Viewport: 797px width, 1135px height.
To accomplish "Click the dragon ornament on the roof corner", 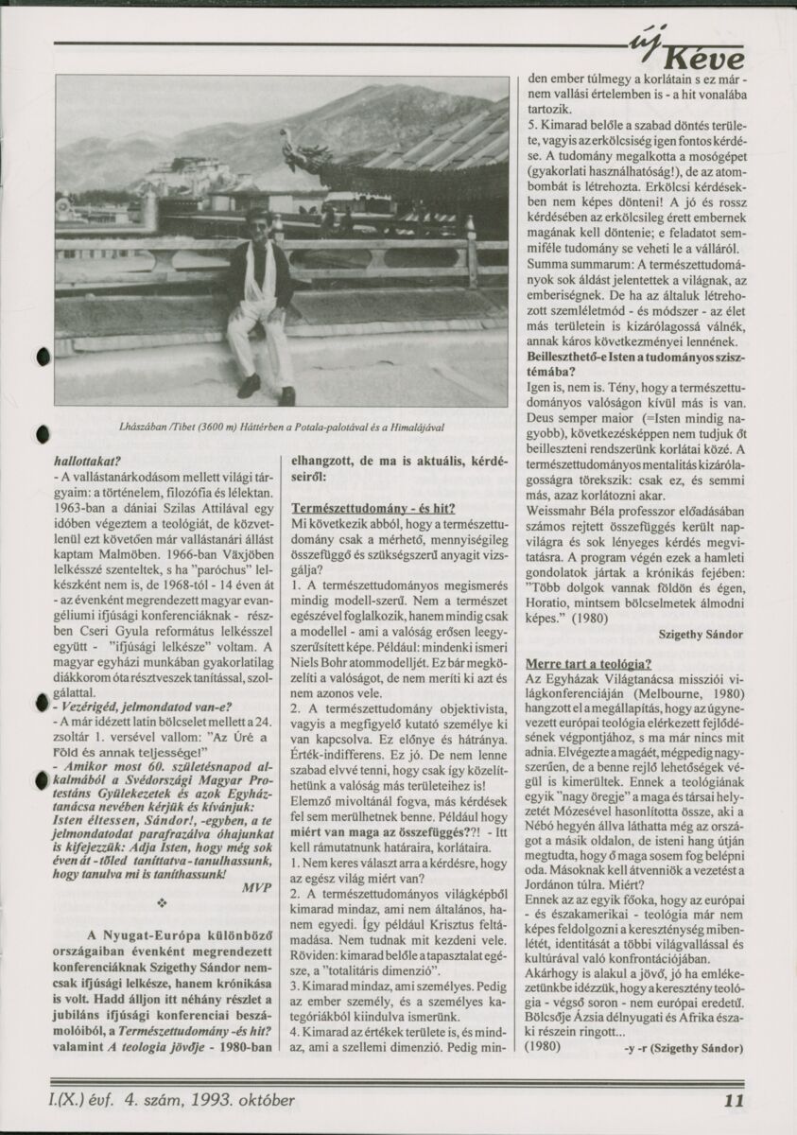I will pos(304,152).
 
